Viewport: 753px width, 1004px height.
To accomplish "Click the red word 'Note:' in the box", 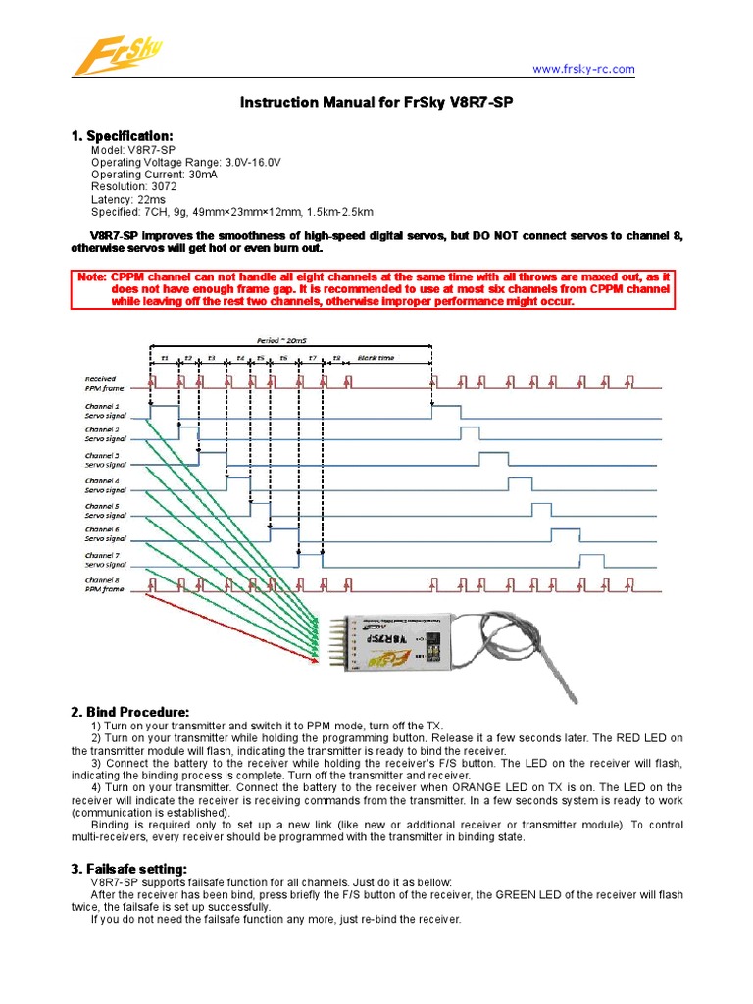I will click(93, 277).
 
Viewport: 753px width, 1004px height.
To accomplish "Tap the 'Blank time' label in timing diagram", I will click(376, 358).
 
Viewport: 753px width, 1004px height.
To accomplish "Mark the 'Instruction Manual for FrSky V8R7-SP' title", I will click(376, 102).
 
